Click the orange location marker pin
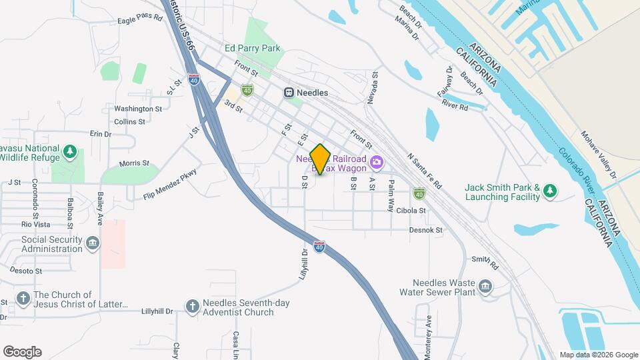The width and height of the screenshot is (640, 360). click(321, 158)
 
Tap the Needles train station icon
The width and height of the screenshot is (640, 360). click(289, 93)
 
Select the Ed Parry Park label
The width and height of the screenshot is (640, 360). click(253, 48)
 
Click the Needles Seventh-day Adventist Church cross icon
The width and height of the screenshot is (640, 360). click(192, 306)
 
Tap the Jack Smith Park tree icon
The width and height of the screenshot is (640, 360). click(549, 192)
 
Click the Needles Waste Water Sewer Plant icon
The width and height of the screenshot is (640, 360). click(485, 287)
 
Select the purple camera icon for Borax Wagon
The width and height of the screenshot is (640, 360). click(377, 162)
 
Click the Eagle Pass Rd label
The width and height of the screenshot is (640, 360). click(140, 19)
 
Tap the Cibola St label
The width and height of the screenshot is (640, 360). click(412, 210)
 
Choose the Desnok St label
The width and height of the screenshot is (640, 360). click(426, 230)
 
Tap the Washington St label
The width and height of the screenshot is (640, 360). click(138, 109)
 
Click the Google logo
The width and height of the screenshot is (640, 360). click(22, 352)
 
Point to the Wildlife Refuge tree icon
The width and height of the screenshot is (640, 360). click(70, 151)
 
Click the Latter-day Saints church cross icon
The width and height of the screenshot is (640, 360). click(23, 298)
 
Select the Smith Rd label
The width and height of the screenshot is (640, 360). click(485, 259)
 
